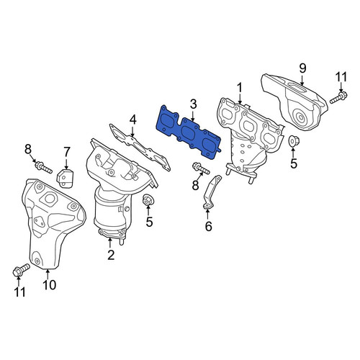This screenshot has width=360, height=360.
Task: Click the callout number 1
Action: (240, 88)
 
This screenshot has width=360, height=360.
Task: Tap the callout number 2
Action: (111, 255)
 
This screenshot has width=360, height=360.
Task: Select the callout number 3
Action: (193, 104)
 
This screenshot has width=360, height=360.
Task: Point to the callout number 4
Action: (132, 120)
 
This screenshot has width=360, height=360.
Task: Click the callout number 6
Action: (208, 226)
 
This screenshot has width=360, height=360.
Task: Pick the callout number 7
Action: (66, 152)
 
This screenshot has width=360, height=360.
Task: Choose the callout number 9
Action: (302, 68)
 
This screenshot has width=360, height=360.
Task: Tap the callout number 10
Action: (50, 285)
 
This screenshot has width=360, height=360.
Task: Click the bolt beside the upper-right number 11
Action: (338, 96)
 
